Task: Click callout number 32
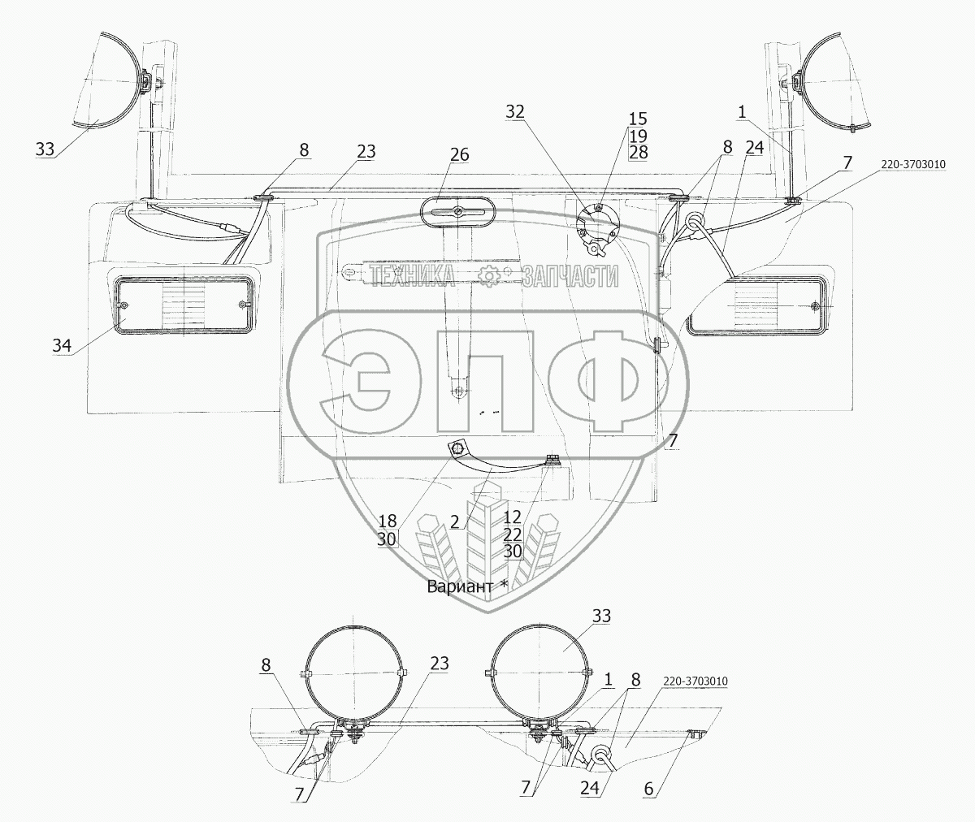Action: [515, 112]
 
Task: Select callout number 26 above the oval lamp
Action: [460, 154]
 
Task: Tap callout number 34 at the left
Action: [62, 345]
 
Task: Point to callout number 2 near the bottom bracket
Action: [455, 521]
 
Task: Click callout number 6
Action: [648, 789]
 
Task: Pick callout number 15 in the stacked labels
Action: [638, 119]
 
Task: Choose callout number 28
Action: [638, 152]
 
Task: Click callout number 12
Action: [512, 517]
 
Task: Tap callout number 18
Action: [388, 521]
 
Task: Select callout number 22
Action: [512, 534]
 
